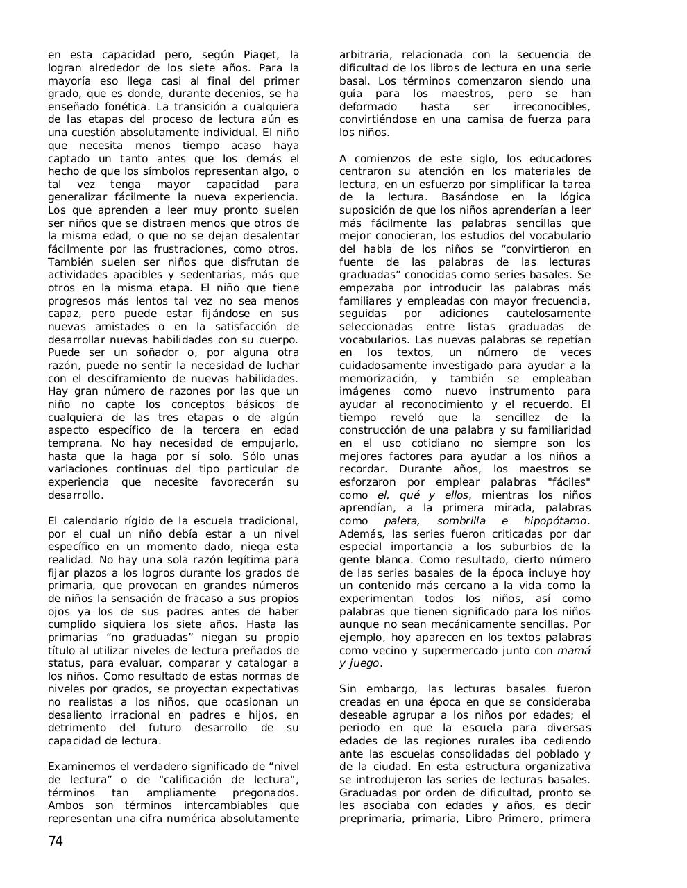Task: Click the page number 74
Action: [x=56, y=842]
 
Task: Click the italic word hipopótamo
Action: [x=556, y=521]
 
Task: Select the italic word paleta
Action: [x=402, y=521]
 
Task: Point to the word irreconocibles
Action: [x=551, y=107]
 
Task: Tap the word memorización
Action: [x=378, y=379]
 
